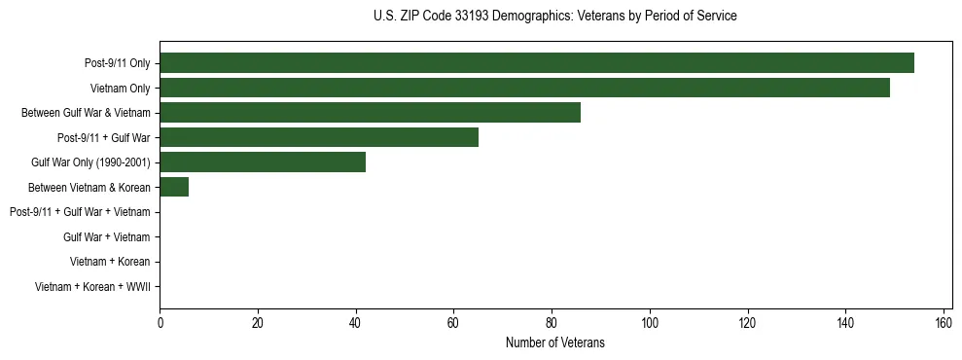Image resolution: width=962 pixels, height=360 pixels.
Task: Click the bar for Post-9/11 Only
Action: click(x=536, y=63)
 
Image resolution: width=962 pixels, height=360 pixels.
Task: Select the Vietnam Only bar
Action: click(x=524, y=88)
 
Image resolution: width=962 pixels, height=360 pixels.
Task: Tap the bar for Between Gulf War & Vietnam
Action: click(x=370, y=113)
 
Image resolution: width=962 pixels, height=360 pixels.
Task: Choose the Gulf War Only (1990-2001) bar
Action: click(x=263, y=162)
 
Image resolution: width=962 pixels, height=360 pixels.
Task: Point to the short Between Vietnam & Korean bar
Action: click(x=174, y=187)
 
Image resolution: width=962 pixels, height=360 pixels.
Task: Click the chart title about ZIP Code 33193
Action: click(x=554, y=17)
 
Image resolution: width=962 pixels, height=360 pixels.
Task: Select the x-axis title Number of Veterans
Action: click(x=554, y=342)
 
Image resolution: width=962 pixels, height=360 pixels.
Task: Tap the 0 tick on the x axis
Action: click(x=160, y=322)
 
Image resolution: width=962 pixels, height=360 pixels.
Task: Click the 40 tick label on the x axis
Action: click(x=356, y=322)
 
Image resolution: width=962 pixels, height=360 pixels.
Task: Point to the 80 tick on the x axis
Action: click(x=552, y=322)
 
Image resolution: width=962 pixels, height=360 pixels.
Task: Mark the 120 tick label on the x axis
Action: click(x=748, y=322)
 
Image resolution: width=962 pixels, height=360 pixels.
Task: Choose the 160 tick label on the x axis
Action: click(x=944, y=322)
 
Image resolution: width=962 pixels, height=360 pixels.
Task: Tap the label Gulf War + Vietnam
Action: click(x=106, y=236)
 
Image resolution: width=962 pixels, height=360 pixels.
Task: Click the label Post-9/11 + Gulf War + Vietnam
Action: click(x=79, y=212)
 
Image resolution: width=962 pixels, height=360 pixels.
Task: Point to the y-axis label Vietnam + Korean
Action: click(x=109, y=262)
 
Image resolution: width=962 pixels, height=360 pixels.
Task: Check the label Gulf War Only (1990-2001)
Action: click(x=90, y=162)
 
